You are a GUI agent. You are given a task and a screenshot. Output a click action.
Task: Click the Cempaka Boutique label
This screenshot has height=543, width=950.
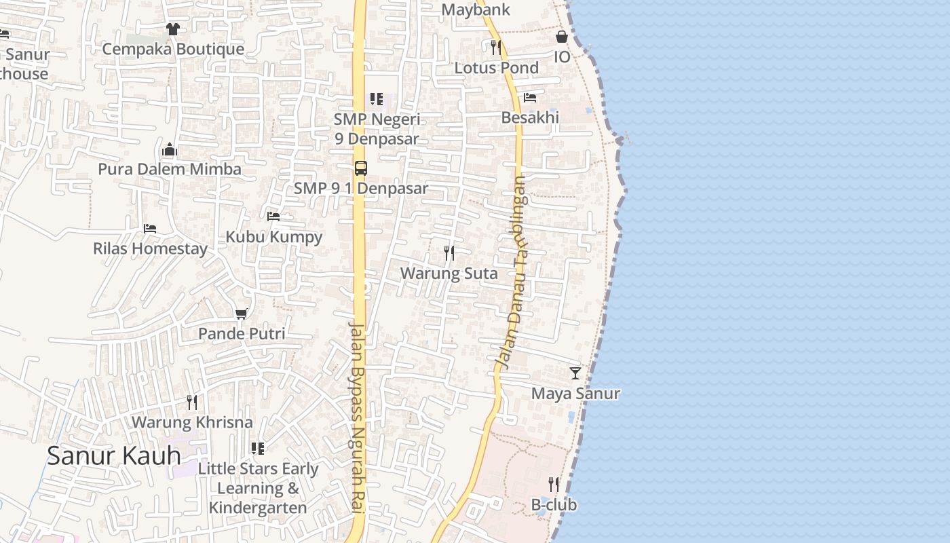(173, 49)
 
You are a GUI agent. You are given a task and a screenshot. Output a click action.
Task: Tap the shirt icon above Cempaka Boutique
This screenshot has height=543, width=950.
(172, 29)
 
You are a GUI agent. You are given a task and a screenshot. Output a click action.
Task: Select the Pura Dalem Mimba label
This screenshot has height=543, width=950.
(170, 169)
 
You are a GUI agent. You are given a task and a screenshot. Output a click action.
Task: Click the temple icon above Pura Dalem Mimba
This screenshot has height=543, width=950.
(170, 149)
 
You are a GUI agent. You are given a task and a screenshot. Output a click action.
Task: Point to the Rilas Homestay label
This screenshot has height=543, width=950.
(150, 248)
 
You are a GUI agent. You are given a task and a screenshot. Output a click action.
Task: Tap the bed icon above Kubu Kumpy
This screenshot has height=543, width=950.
(273, 217)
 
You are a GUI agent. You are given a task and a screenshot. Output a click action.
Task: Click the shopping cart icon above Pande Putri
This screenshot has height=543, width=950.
(241, 314)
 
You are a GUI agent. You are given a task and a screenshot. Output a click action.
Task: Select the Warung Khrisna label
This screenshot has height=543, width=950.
(191, 422)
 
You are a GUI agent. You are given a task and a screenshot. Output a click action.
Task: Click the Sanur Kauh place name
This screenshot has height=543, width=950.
(114, 455)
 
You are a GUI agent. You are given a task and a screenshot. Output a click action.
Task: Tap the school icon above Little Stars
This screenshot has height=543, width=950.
(257, 448)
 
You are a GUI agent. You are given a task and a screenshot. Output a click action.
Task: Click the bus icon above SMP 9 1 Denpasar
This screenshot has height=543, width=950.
(361, 168)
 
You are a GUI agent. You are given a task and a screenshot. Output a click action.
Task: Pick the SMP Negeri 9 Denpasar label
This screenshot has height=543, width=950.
(377, 129)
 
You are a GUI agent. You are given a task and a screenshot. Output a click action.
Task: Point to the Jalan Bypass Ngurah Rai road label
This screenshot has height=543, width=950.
(358, 417)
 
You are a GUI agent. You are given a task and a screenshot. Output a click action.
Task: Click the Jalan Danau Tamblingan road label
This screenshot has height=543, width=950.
(514, 271)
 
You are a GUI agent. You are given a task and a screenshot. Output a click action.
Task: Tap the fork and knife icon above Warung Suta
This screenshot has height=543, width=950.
(449, 253)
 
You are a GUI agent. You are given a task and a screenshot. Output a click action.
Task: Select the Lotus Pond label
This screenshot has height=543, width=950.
(497, 68)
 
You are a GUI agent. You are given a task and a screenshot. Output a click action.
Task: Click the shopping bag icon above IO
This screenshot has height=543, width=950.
(562, 37)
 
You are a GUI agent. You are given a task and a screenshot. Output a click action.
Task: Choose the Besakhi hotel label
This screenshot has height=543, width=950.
(530, 117)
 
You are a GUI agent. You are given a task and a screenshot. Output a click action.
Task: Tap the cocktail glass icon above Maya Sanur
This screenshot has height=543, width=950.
(575, 373)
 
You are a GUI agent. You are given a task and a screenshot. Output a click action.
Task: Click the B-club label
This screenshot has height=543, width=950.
(554, 505)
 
